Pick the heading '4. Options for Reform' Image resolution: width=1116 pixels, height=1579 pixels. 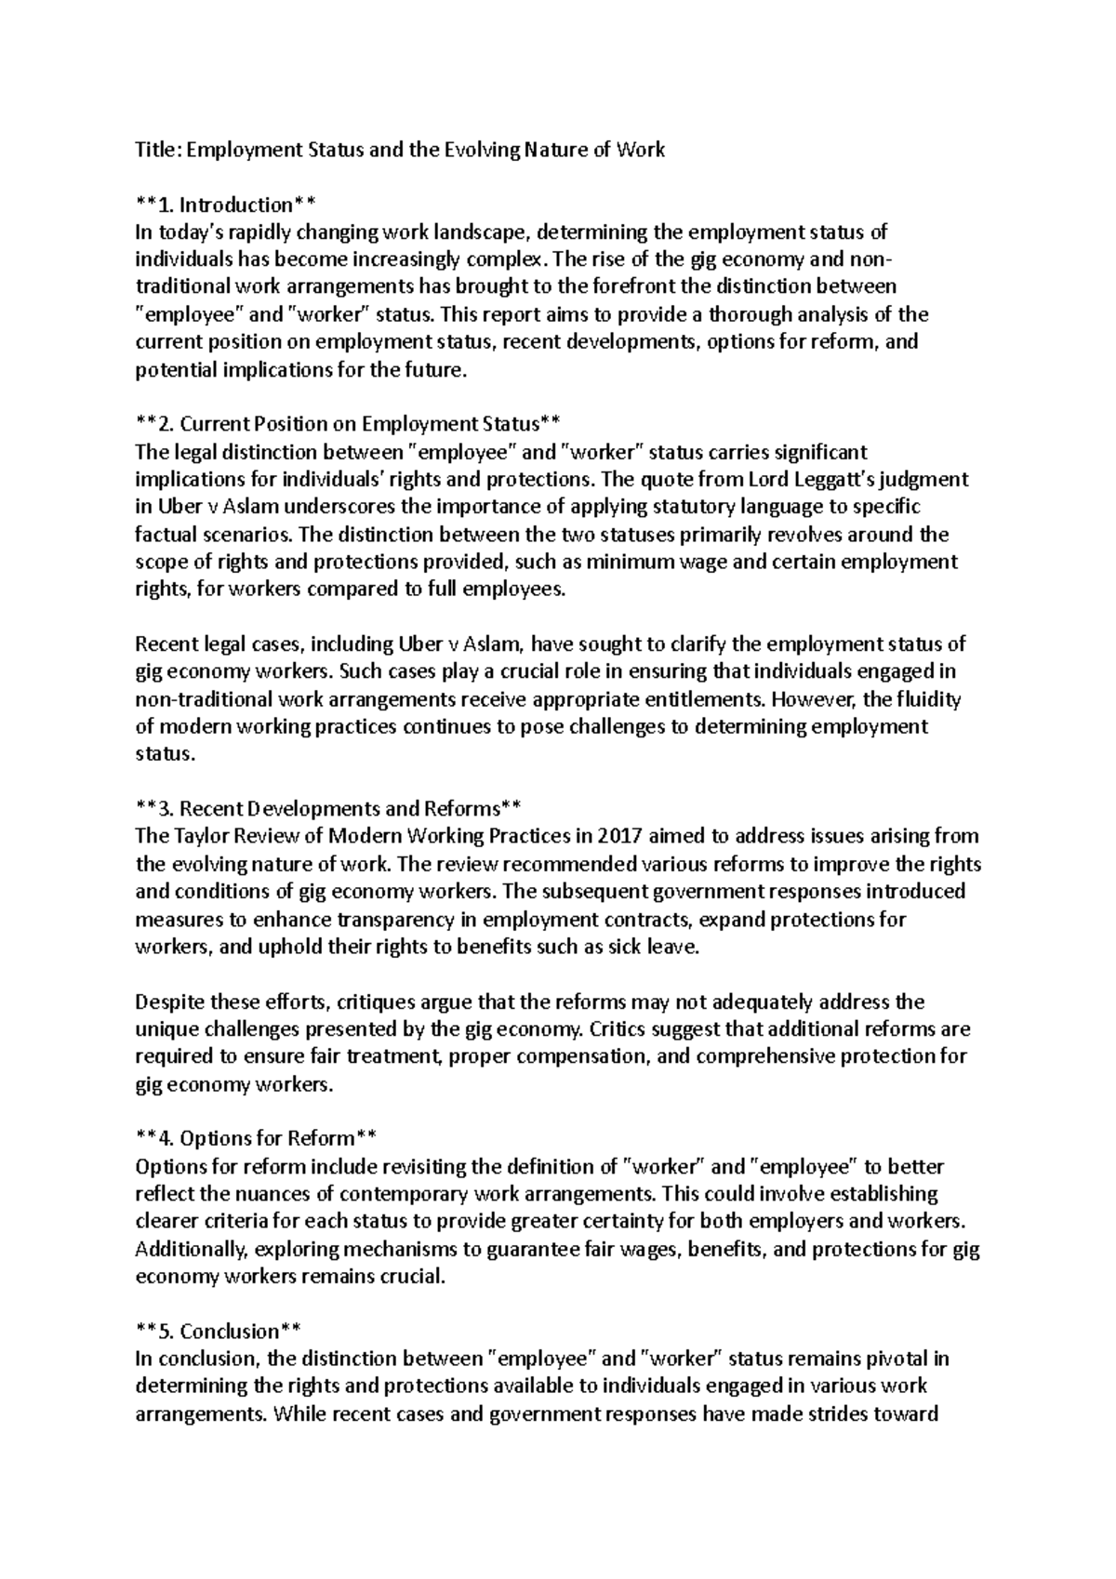[x=257, y=1138]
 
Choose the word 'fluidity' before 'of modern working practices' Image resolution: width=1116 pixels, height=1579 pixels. [x=925, y=698]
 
